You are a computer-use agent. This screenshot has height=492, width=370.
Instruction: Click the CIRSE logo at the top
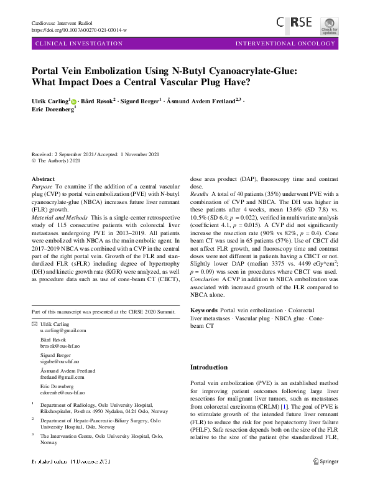pos(295,24)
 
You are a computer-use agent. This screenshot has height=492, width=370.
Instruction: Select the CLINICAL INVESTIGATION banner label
pos(80,44)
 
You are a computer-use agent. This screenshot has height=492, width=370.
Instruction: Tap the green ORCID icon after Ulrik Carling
pos(73,100)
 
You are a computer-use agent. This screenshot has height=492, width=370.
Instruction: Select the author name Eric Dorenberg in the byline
pos(52,109)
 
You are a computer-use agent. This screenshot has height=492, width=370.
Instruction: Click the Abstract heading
pos(43,179)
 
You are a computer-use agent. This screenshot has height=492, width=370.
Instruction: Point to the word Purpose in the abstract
pos(42,186)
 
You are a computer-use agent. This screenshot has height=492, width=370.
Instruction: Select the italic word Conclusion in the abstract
pos(205,279)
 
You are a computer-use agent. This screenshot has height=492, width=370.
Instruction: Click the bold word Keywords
pos(203,310)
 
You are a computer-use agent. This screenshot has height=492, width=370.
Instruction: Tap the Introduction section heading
pos(208,368)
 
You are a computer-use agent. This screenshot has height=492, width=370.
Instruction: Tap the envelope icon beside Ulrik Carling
pos(34,325)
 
